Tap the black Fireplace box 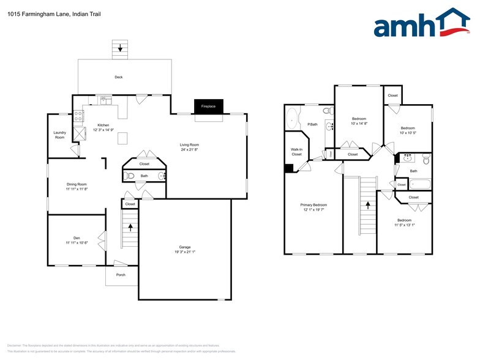(209, 107)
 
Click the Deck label (119, 77)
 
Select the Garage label (184, 247)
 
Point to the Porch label (121, 275)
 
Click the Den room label (77, 238)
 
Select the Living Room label (189, 145)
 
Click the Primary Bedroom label (313, 204)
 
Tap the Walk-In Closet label (296, 152)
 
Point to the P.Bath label (312, 124)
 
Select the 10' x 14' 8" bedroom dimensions (359, 124)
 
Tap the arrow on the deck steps (121, 47)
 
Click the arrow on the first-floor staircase (130, 227)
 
